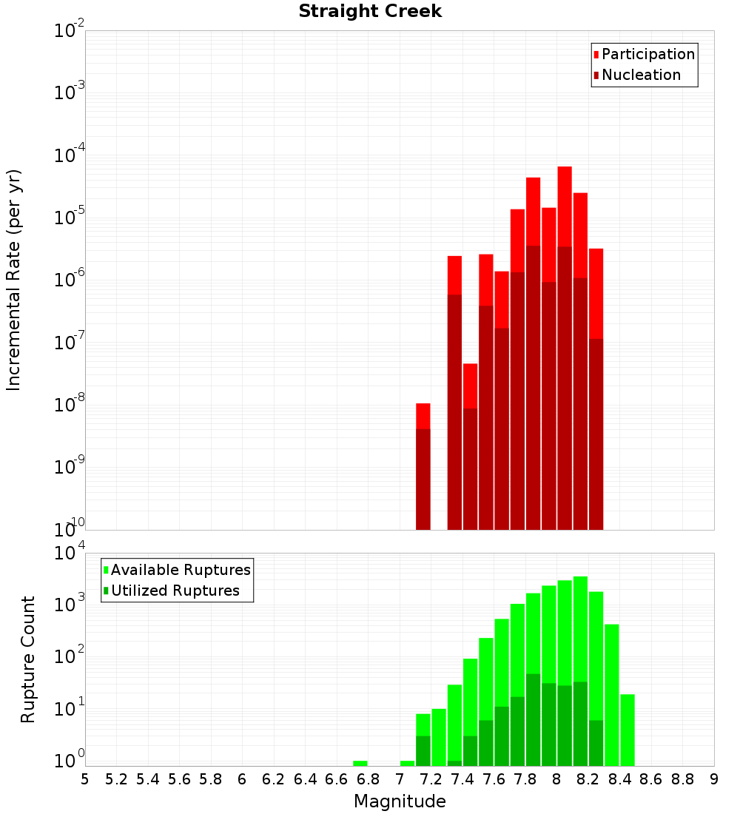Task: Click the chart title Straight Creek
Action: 370,12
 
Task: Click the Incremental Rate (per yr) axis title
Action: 14,280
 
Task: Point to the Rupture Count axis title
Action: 28,659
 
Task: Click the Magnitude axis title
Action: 400,801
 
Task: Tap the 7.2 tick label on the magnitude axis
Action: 431,779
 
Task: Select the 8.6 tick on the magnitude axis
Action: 651,779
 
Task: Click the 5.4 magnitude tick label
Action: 148,779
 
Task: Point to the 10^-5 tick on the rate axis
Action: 69,218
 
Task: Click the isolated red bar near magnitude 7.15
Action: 423,466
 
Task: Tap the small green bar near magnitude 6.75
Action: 360,763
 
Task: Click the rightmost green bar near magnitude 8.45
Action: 628,730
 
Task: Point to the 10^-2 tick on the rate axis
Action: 69,31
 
